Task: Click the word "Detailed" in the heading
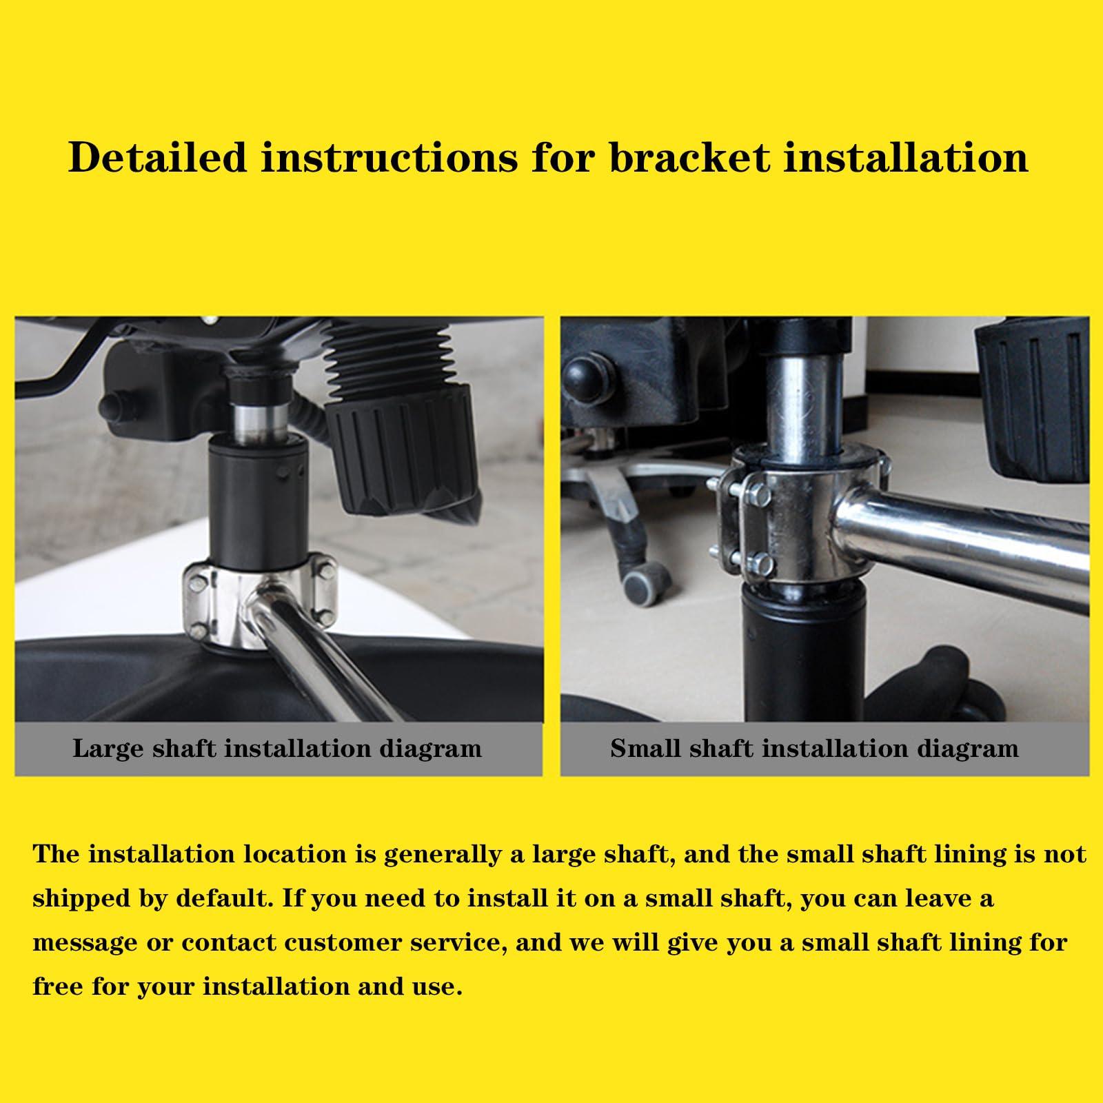[x=158, y=157]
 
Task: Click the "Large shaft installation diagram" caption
[x=277, y=748]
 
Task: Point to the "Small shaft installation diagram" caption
[x=814, y=748]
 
